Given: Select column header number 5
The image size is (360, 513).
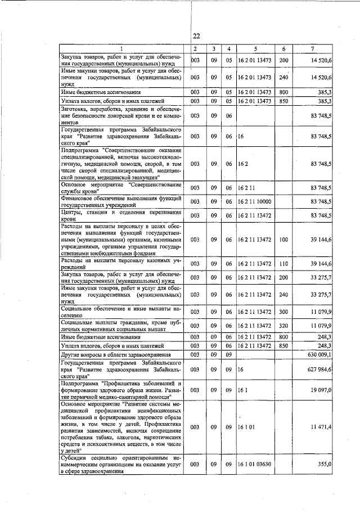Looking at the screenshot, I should pyautogui.click(x=255, y=49).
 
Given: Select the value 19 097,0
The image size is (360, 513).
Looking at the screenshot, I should pyautogui.click(x=323, y=389).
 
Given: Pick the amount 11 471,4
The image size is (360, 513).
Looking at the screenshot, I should pyautogui.click(x=323, y=428).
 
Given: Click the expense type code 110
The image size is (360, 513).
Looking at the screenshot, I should pyautogui.click(x=283, y=263).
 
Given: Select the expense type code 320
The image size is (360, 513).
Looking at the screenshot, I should pyautogui.click(x=283, y=325).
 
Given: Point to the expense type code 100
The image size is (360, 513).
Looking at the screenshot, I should pyautogui.click(x=283, y=239).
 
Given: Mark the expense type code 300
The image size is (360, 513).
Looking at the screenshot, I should pyautogui.click(x=283, y=311).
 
